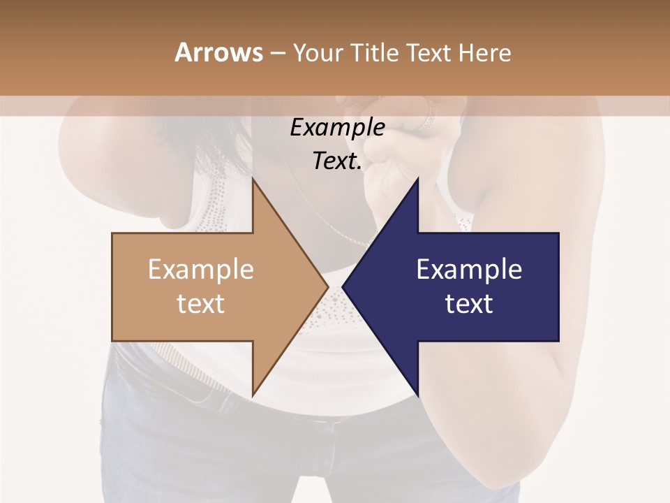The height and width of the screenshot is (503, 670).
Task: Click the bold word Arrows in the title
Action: [x=218, y=52]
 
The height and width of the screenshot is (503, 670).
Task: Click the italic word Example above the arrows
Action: [x=337, y=127]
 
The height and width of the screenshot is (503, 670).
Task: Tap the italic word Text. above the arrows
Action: [x=337, y=161]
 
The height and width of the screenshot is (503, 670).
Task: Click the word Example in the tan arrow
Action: [x=201, y=270]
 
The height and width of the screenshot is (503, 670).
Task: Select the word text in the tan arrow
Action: [x=201, y=304]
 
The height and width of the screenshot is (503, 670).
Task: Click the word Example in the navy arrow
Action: [x=469, y=270]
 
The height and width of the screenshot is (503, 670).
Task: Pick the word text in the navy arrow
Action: [x=469, y=304]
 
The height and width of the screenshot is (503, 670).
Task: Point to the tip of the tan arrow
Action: [x=328, y=286]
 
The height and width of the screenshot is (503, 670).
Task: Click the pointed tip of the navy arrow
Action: [x=343, y=286]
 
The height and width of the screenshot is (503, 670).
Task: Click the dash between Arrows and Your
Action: [x=277, y=53]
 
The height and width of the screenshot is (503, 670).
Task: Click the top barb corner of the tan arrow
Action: [x=253, y=179]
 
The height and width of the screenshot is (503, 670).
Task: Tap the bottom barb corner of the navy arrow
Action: [x=418, y=395]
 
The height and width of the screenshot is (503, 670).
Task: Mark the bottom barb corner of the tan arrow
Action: [x=253, y=395]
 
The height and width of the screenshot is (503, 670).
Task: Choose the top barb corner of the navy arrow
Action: [x=418, y=180]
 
